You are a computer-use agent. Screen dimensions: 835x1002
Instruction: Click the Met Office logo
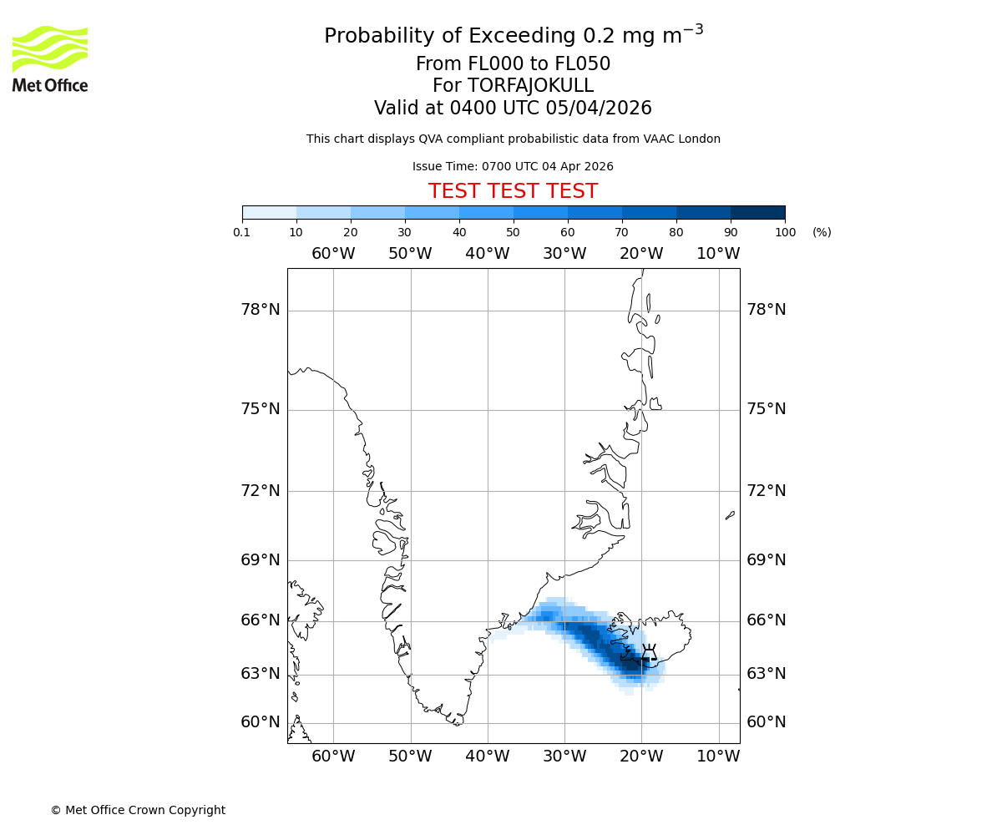point(50,58)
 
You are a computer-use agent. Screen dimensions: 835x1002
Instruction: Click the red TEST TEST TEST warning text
point(513,191)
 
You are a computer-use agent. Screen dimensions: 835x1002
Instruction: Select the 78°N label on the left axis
point(261,310)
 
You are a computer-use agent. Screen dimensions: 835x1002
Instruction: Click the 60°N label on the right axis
point(766,722)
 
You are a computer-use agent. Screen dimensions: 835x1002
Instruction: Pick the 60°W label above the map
point(333,254)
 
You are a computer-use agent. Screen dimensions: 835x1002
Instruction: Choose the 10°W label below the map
point(718,757)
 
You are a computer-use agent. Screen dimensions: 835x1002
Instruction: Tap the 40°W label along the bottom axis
point(487,757)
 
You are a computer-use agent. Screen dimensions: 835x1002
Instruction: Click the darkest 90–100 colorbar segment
point(757,212)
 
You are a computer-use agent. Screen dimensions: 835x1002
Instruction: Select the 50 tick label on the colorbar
point(514,232)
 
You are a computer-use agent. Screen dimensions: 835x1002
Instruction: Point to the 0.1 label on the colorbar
point(242,232)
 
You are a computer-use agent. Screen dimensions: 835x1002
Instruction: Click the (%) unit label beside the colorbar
point(822,232)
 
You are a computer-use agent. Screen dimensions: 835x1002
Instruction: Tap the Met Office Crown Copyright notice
point(138,810)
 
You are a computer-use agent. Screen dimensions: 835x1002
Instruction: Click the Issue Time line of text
point(513,166)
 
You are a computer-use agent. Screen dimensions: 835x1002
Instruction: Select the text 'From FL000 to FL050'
point(513,64)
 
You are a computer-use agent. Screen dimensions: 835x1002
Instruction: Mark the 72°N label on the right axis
point(766,490)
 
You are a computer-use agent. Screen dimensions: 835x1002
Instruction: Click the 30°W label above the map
point(564,254)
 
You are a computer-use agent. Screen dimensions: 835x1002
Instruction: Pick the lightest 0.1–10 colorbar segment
point(269,212)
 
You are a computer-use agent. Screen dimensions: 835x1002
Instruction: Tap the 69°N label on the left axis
point(261,559)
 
